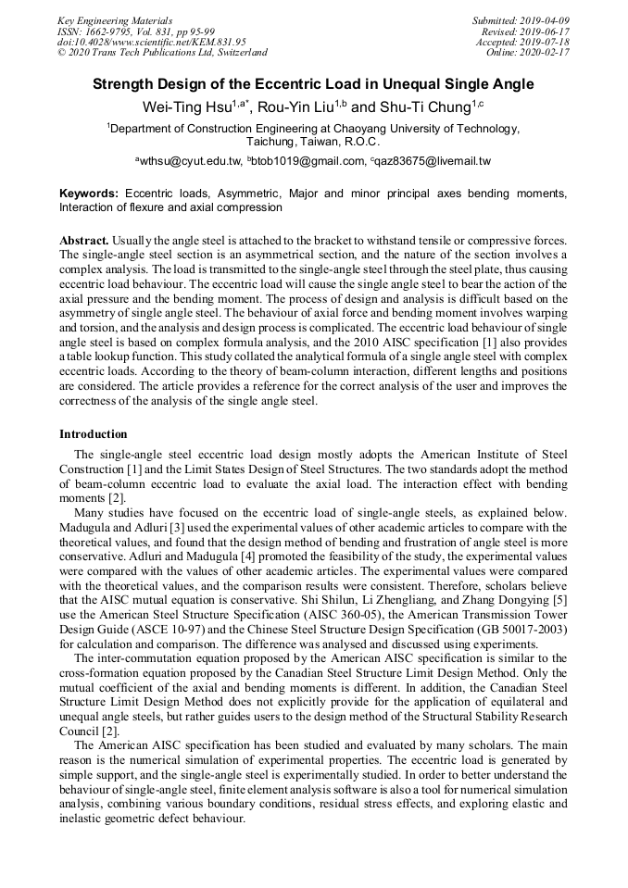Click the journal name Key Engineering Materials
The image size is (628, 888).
pyautogui.click(x=115, y=20)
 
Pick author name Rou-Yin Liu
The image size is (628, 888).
pyautogui.click(x=295, y=107)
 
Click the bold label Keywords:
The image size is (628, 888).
pyautogui.click(x=88, y=194)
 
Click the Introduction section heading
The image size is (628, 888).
pyautogui.click(x=93, y=433)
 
